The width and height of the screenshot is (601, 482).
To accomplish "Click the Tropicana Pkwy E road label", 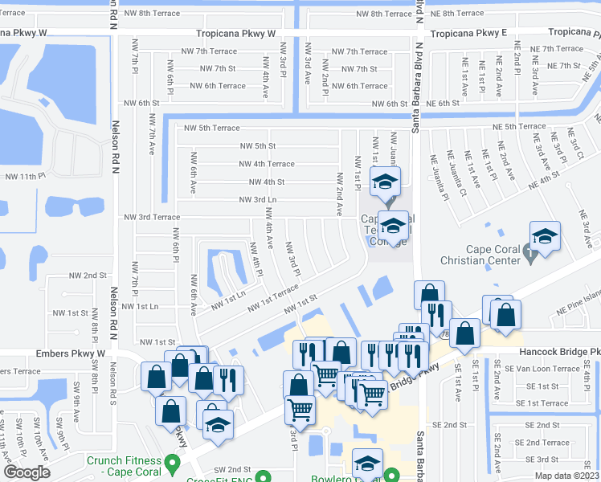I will pyautogui.click(x=469, y=34).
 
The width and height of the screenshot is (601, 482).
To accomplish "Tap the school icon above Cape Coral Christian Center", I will pyautogui.click(x=545, y=238).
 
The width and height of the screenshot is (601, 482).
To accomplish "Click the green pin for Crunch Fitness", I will pyautogui.click(x=171, y=464).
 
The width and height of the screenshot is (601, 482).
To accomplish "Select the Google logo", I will pyautogui.click(x=27, y=472).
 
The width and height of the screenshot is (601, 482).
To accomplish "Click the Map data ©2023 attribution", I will pyautogui.click(x=566, y=476).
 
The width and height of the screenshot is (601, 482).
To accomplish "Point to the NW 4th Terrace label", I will pyautogui.click(x=266, y=164).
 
